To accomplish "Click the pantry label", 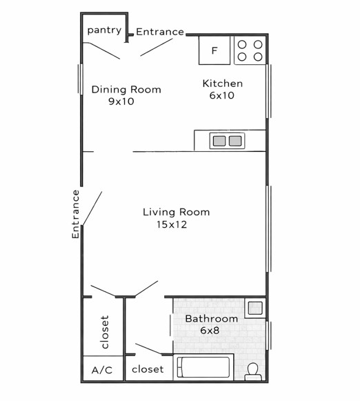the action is click(104, 30).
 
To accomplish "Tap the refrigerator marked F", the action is click(214, 50).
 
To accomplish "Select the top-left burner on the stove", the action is click(242, 44).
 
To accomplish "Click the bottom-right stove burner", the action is click(258, 57).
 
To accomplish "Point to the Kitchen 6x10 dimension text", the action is click(222, 95).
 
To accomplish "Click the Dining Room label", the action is click(126, 90).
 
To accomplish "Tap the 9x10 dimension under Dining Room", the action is click(121, 101).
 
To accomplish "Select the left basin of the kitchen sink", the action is click(219, 141).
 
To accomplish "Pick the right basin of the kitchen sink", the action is click(235, 141).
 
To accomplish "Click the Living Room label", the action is click(177, 212).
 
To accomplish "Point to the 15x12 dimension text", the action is click(172, 224).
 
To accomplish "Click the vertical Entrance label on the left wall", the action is click(76, 215).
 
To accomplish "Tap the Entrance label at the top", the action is click(160, 32).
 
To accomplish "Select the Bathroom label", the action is click(212, 319).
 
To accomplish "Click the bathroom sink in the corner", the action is click(255, 308).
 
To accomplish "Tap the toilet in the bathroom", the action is click(253, 371).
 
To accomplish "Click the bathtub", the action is click(203, 367).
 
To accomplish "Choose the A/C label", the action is click(102, 370).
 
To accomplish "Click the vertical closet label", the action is click(105, 332).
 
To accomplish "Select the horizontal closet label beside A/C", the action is click(148, 369).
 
